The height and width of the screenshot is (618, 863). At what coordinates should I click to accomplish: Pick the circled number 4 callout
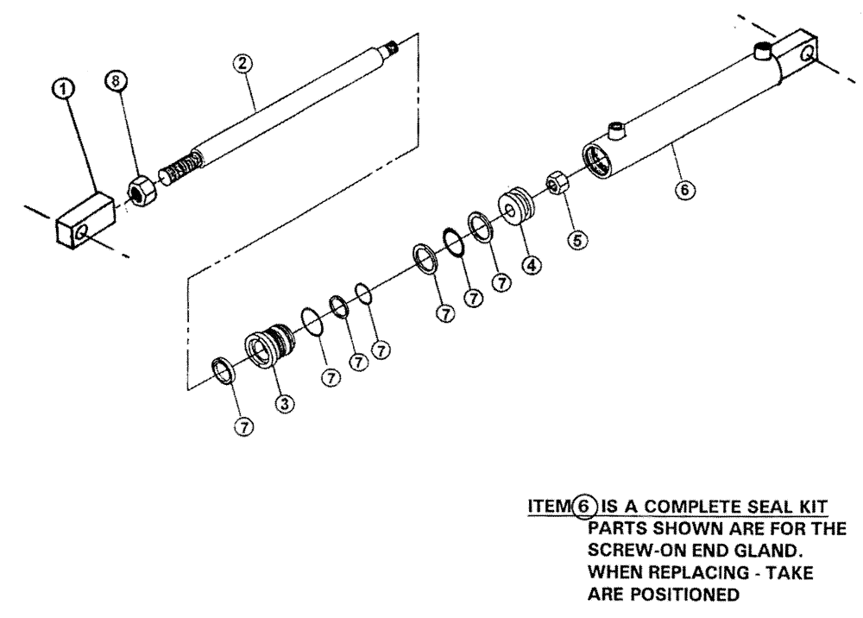[x=532, y=266]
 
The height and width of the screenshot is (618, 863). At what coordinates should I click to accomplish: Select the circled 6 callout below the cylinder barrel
[x=686, y=189]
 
